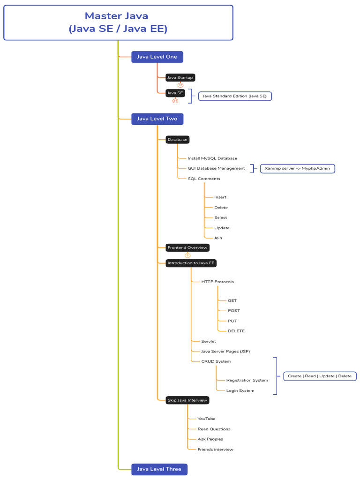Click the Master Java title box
point(118,22)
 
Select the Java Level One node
point(157,57)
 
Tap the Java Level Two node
point(157,119)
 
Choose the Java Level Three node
point(159,469)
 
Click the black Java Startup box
point(180,77)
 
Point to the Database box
point(177,139)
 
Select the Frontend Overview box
point(187,247)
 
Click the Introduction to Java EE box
point(191,263)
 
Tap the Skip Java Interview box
point(187,400)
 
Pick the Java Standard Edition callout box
point(234,96)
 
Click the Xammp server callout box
point(298,168)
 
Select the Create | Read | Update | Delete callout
point(320,376)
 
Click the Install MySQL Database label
point(212,158)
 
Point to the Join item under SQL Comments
point(218,238)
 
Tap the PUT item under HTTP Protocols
point(232,321)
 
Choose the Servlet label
point(208,341)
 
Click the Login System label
point(240,390)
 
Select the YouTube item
point(206,419)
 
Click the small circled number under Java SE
point(175,100)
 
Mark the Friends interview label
point(215,449)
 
